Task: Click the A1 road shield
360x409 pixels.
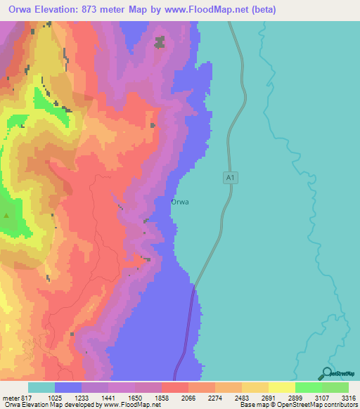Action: pyautogui.click(x=229, y=178)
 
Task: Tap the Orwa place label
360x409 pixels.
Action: pyautogui.click(x=180, y=202)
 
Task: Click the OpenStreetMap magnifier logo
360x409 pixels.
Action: pyautogui.click(x=326, y=374)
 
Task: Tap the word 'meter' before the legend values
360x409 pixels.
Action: pyautogui.click(x=13, y=398)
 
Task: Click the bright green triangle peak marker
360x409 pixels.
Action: pyautogui.click(x=7, y=216)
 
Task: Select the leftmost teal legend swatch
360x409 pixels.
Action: pyautogui.click(x=41, y=387)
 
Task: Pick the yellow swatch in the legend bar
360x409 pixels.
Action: pyautogui.click(x=281, y=387)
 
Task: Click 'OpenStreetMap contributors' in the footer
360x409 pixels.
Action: pyautogui.click(x=317, y=405)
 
